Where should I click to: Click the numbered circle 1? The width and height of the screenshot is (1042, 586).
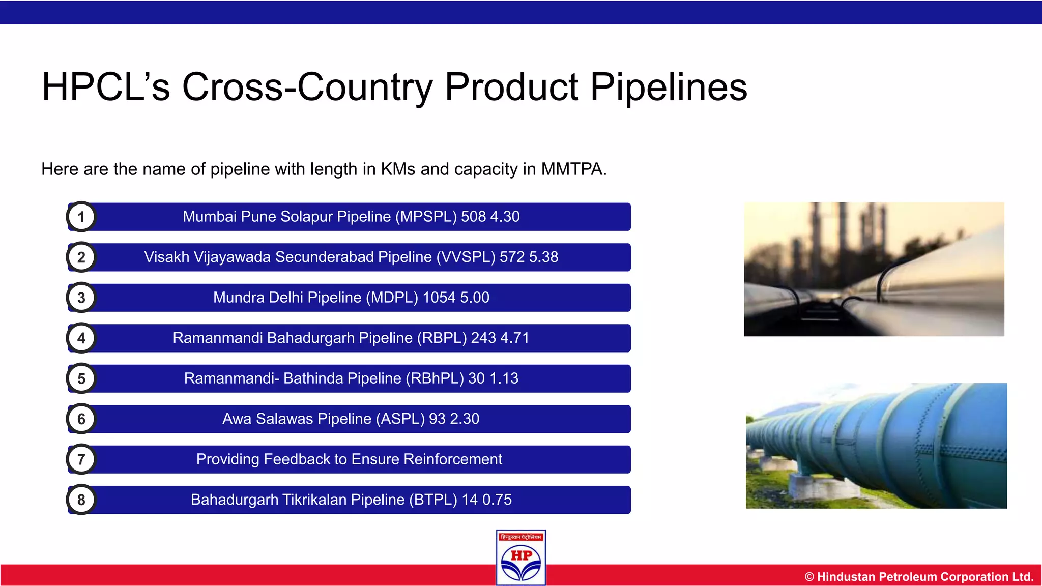pos(81,217)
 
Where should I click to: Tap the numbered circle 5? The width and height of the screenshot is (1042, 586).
pos(81,379)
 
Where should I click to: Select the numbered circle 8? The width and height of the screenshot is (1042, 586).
pos(81,500)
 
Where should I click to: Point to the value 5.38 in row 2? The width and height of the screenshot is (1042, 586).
pos(543,257)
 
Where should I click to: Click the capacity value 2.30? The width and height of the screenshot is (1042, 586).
pos(465,419)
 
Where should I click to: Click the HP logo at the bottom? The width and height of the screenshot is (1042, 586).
pos(521,558)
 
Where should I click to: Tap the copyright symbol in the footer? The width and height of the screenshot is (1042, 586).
pos(809,577)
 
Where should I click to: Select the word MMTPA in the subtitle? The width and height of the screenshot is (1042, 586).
pos(573,169)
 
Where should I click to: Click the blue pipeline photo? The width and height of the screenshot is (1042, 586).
pos(876,446)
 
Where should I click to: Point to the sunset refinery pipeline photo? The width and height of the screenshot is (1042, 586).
pos(874,269)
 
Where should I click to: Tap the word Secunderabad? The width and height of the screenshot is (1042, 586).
pos(324,257)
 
